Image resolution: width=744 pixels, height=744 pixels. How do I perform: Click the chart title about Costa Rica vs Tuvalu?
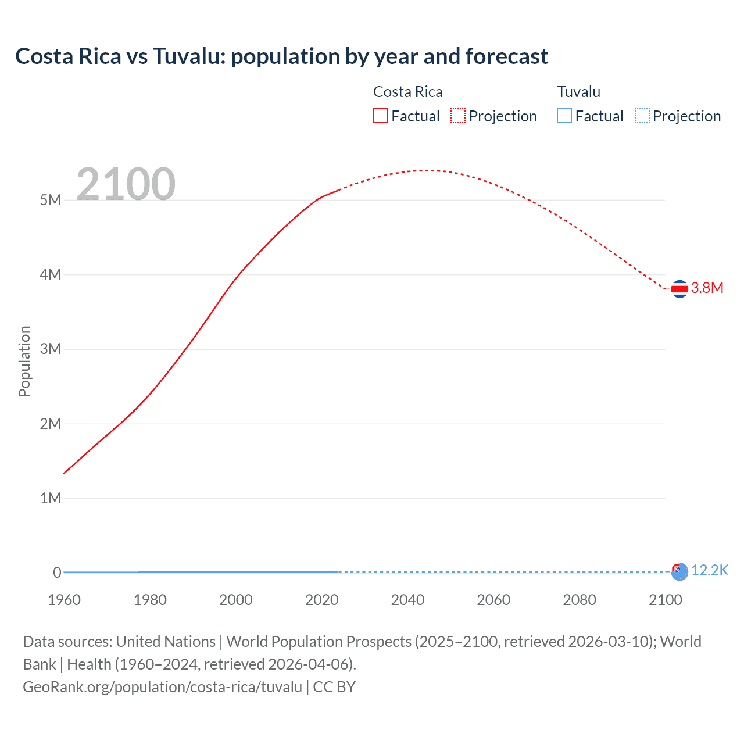click(x=281, y=56)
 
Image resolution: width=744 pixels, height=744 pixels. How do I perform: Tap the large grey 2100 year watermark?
click(x=126, y=184)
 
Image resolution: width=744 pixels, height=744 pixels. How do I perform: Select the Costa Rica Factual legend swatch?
click(x=380, y=116)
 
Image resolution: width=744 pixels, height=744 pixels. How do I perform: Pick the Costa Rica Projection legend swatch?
click(x=458, y=116)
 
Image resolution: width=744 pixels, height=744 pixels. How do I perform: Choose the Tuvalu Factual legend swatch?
click(x=564, y=116)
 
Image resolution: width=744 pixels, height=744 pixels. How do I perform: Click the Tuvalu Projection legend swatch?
click(x=642, y=116)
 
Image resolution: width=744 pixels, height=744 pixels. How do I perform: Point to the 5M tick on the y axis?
click(x=51, y=201)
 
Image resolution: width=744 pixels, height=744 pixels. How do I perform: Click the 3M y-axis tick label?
click(x=51, y=349)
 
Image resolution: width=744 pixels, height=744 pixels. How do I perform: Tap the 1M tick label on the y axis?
click(x=51, y=499)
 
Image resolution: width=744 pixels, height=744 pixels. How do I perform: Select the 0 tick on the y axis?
click(x=57, y=573)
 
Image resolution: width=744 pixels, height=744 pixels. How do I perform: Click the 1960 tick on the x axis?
click(x=64, y=600)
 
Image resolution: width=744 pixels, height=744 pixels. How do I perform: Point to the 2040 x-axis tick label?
click(x=407, y=600)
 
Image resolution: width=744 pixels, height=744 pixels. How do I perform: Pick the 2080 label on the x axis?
click(x=580, y=600)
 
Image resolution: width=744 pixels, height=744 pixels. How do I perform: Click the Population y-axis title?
click(x=24, y=361)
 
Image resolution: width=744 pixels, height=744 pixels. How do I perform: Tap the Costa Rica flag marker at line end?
click(x=679, y=288)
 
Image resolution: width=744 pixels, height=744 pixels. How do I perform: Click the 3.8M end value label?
click(x=707, y=288)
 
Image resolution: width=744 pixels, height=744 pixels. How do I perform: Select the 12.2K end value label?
click(x=710, y=571)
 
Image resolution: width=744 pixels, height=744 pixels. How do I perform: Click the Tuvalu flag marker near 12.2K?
click(x=679, y=572)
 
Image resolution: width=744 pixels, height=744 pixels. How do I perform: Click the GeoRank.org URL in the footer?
click(x=162, y=687)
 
